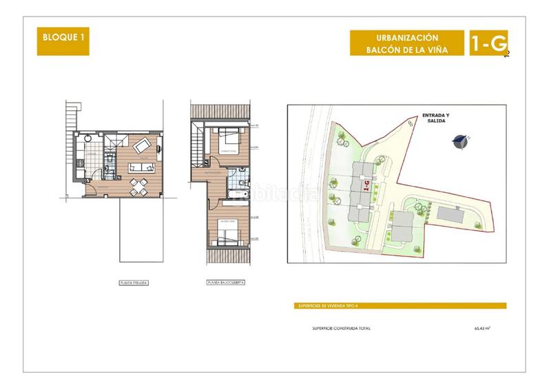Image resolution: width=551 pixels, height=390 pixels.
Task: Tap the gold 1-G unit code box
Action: point(488,44)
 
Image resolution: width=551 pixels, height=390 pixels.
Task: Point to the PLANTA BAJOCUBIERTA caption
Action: point(225,283)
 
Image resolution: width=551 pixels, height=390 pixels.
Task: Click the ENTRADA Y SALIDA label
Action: point(436,117)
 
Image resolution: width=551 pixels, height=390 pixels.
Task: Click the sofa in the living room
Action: point(142,167)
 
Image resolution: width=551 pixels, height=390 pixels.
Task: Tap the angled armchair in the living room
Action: point(143,145)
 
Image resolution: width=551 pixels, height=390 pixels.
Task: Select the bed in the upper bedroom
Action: point(227,141)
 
